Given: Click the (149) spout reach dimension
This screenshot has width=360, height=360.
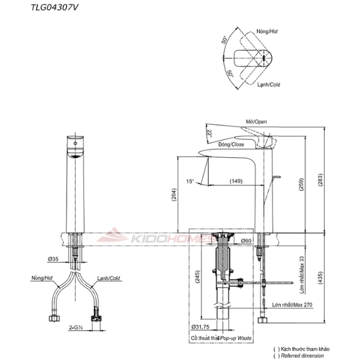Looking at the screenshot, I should coord(236,181).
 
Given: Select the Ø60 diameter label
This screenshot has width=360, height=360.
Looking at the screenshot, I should coord(245,241).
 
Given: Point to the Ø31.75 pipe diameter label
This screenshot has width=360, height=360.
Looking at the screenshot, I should coord(203,327).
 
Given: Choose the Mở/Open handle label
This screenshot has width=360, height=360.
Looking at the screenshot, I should coord(256,122).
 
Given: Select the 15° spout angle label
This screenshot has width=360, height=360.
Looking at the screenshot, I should coord(190,181).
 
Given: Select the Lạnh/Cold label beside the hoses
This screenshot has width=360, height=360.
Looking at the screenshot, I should coord(109,278).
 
